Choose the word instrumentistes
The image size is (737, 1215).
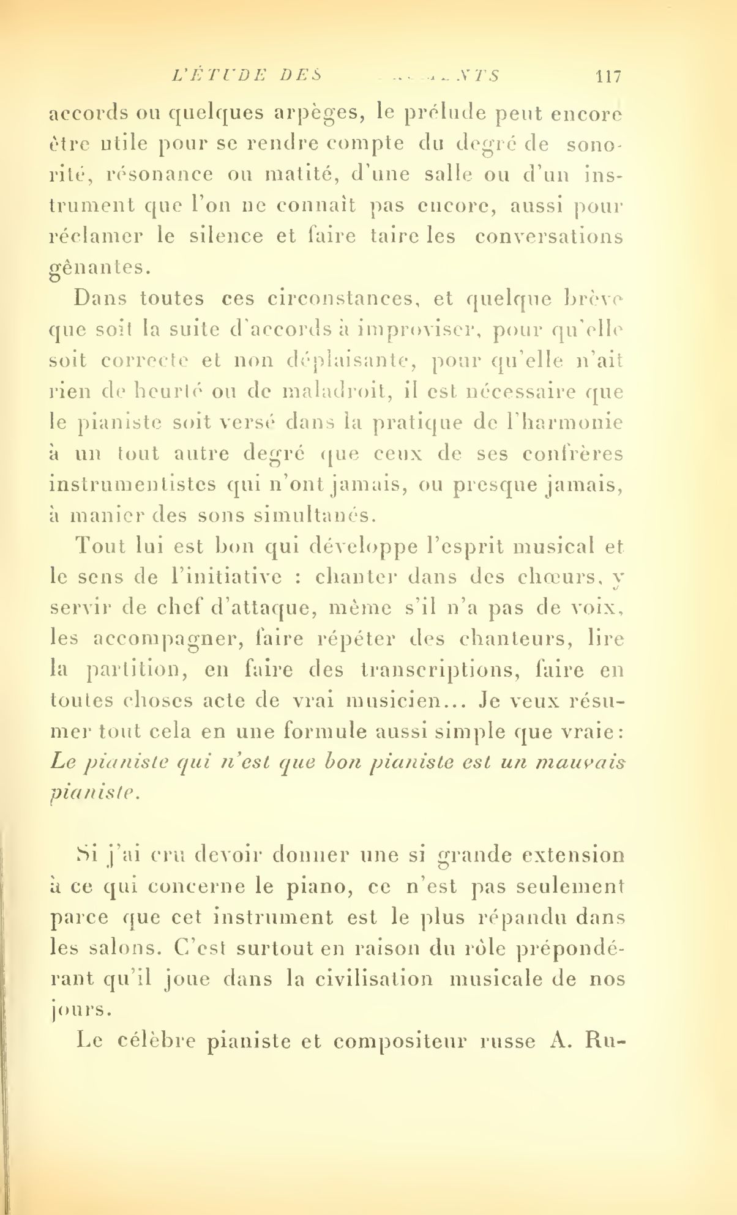tap(132, 485)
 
